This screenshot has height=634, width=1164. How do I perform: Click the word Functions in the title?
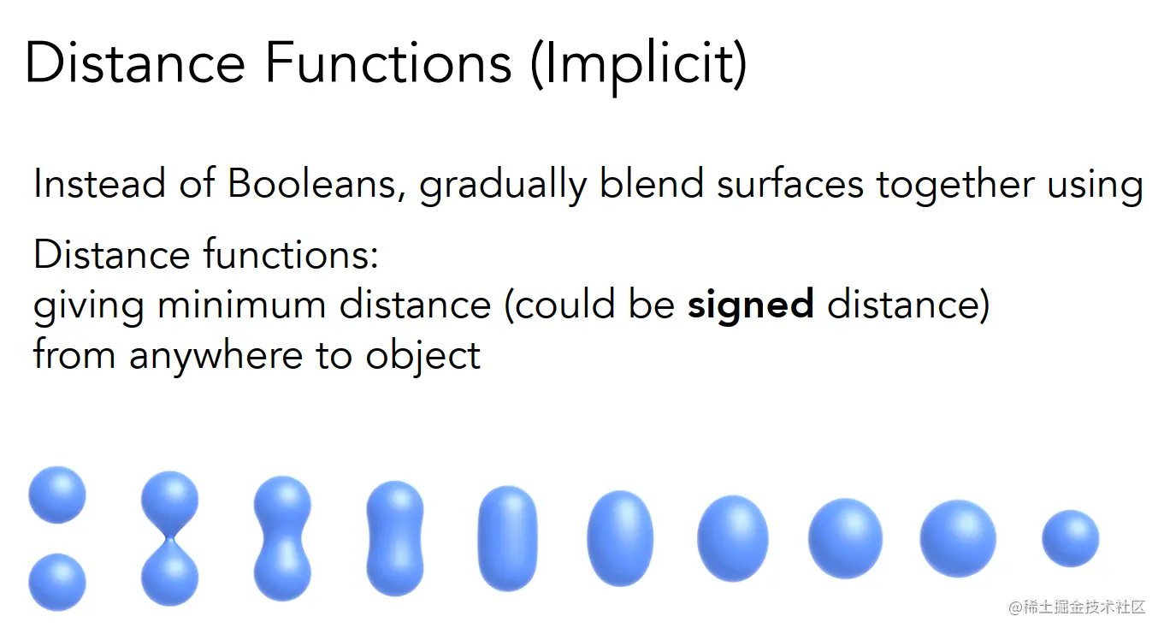coord(388,62)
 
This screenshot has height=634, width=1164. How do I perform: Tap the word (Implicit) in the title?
coord(639,66)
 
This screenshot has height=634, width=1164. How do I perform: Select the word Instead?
coord(99,183)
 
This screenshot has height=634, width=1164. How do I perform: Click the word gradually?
coord(503,186)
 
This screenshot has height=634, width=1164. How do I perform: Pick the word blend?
coord(652,183)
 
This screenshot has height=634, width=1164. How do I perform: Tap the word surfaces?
coord(790,185)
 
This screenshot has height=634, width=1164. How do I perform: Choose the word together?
coord(955,186)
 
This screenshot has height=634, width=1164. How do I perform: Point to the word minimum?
coord(242,305)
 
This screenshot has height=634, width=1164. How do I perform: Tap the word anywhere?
coord(216,357)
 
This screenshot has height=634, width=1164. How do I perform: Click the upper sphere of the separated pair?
coord(57,495)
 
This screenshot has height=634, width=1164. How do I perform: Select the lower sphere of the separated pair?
coord(57,582)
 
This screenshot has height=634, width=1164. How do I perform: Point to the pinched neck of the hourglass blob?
coord(170,538)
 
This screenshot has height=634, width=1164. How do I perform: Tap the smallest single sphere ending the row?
coord(1071,538)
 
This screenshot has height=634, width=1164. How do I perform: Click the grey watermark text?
coord(1077,607)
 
